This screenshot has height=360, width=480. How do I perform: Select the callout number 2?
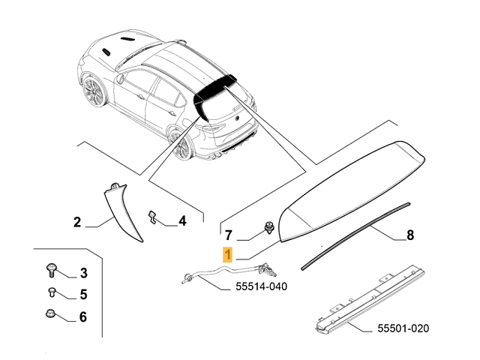pyautogui.click(x=76, y=222)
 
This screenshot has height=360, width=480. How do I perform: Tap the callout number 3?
pyautogui.click(x=83, y=273)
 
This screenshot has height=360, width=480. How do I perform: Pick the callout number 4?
pyautogui.click(x=182, y=221)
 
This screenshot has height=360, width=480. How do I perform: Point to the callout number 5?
pyautogui.click(x=83, y=295)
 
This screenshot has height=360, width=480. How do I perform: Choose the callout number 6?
pyautogui.click(x=83, y=317)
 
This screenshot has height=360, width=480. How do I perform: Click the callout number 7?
pyautogui.click(x=230, y=234)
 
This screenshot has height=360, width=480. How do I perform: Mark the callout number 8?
pyautogui.click(x=410, y=235)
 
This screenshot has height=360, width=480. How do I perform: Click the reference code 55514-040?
pyautogui.click(x=261, y=286)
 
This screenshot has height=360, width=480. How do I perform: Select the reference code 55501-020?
pyautogui.click(x=403, y=328)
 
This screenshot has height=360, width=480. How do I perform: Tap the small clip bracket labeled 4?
pyautogui.click(x=154, y=217)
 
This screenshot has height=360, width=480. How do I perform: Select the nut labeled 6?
pyautogui.click(x=53, y=315)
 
